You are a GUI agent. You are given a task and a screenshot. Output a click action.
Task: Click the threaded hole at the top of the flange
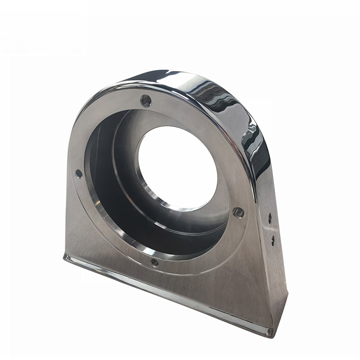(x=146, y=101)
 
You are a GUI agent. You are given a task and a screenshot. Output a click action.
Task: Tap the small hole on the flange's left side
(x=79, y=174)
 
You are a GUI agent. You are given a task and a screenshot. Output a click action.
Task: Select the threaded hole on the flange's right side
(x=237, y=212)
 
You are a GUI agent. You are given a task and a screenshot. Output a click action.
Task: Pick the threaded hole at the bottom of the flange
(x=155, y=262)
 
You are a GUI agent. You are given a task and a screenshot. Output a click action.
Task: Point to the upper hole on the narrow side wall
(x=270, y=218)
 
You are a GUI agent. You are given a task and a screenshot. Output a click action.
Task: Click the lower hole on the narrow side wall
(x=272, y=239)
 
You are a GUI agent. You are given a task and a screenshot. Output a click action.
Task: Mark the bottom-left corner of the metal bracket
(x=65, y=257)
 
